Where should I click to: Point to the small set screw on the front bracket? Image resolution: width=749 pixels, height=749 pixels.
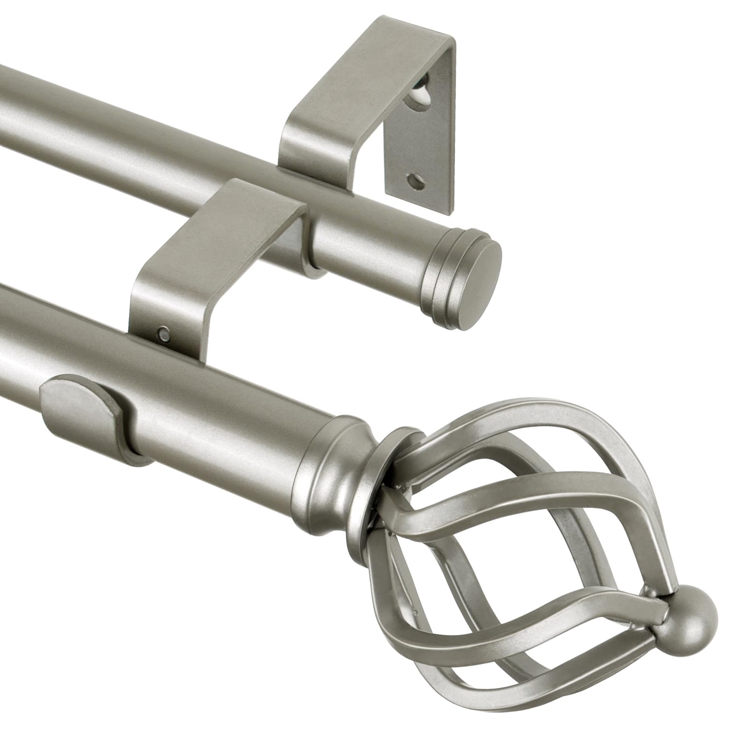163,333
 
